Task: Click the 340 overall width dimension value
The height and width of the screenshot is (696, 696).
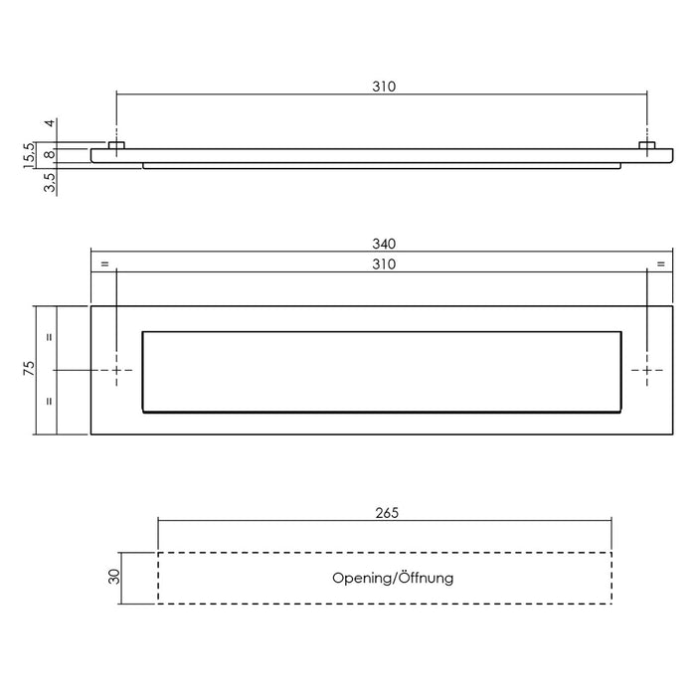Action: pos(385,244)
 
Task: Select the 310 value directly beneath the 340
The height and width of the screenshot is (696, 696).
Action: pos(385,263)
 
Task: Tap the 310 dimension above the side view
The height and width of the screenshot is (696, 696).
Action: pos(385,87)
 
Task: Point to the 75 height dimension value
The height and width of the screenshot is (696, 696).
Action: pos(30,370)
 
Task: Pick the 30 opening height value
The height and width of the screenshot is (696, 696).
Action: pos(114,577)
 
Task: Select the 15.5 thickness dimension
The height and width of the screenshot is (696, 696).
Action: pos(30,154)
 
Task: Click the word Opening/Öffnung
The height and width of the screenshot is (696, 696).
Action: pos(394,578)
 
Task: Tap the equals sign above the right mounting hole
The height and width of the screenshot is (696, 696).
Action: pos(660,263)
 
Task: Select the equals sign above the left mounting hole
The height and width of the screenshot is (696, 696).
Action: pos(103,263)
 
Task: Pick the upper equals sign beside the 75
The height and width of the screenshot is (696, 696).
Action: pos(49,337)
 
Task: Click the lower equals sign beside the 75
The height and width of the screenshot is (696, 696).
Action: pos(49,402)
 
